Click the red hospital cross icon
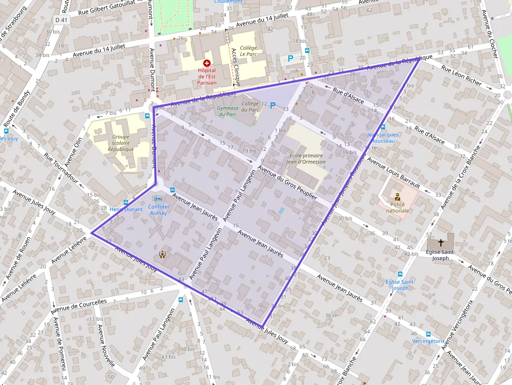tap(207, 63)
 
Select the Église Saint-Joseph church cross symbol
tap(440, 243)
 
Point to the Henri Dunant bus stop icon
tap(125, 203)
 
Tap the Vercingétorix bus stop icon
tap(428, 334)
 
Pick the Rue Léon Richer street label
tap(461, 75)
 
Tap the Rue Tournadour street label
tap(62, 170)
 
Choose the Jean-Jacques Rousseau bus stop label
tap(383, 138)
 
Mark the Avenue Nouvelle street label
tap(106, 345)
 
